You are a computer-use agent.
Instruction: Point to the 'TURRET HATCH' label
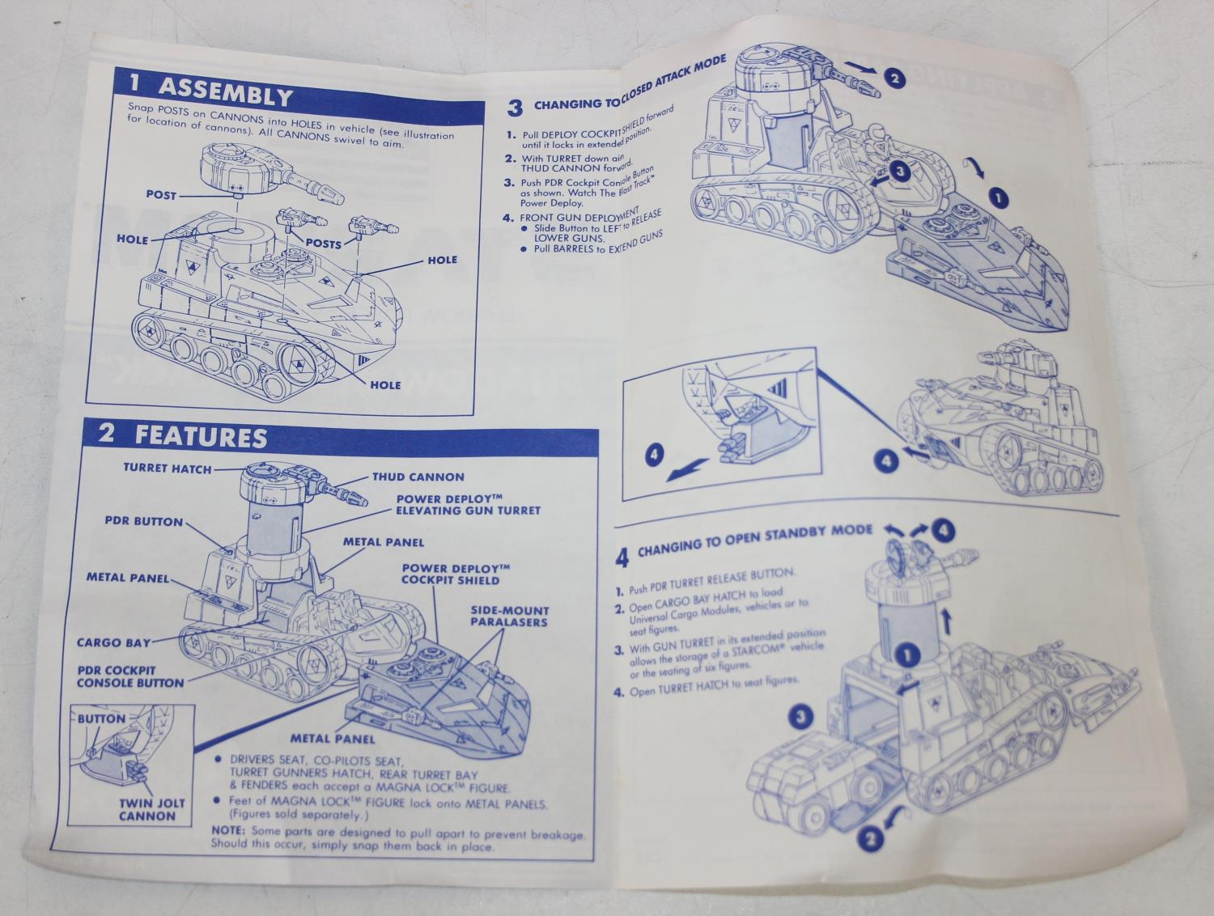(x=168, y=468)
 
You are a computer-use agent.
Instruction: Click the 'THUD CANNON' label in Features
(x=418, y=477)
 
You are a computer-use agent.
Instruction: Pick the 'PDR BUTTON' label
(x=144, y=521)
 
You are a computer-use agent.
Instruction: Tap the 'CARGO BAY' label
(x=113, y=642)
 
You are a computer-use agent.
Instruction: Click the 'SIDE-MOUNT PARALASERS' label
(x=510, y=616)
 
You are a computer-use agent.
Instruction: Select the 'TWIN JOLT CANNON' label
(x=148, y=809)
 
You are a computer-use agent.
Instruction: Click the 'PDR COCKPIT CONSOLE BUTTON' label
(x=130, y=676)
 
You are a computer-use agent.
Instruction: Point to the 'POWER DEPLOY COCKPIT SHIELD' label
(x=451, y=574)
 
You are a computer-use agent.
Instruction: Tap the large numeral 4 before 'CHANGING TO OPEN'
(x=622, y=557)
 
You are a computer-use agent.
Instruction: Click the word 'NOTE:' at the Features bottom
(x=228, y=831)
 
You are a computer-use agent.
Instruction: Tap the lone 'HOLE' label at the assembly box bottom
(x=385, y=384)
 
